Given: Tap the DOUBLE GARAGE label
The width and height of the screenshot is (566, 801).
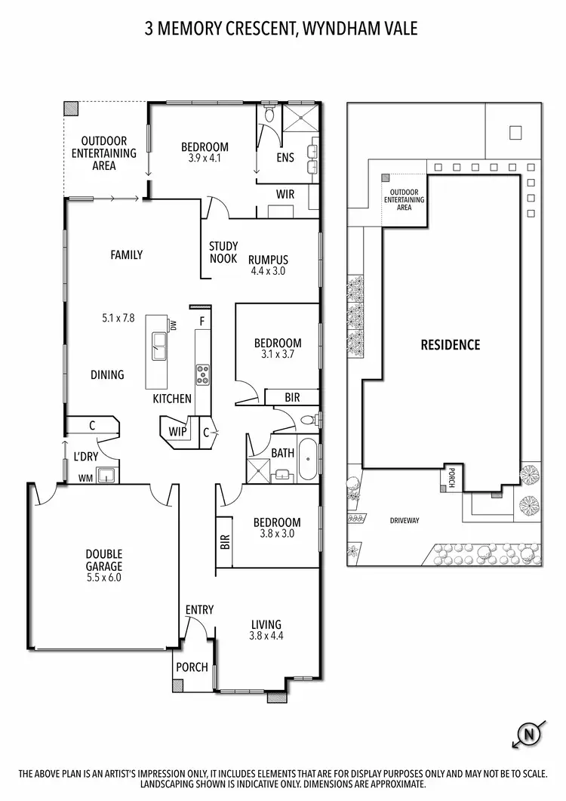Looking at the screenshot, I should tap(103, 559).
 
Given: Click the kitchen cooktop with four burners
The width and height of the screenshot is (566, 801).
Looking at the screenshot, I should tap(203, 374).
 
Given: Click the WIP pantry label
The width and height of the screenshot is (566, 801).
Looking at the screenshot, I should tap(178, 432).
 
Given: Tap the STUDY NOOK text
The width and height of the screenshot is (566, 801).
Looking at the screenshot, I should tap(223, 252).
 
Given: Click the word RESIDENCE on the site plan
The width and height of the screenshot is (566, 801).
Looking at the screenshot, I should tap(450, 345).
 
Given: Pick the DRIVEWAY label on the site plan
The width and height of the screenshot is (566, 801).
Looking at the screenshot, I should tap(405, 520).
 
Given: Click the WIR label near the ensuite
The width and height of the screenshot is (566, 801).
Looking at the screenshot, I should tap(285, 194).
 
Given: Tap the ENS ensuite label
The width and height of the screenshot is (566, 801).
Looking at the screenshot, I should tap(285, 158).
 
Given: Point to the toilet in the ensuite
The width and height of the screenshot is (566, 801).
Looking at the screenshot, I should tap(269, 115).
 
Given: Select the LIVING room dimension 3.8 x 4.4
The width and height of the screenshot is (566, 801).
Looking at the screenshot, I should tap(266, 636).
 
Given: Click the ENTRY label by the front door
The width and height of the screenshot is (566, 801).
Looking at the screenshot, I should tap(199, 609).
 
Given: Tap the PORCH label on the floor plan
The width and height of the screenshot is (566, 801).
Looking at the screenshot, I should tap(192, 667).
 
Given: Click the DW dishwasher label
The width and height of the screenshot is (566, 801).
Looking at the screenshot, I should tap(172, 326).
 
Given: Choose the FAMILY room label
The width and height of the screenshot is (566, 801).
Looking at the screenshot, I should tap(127, 255).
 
